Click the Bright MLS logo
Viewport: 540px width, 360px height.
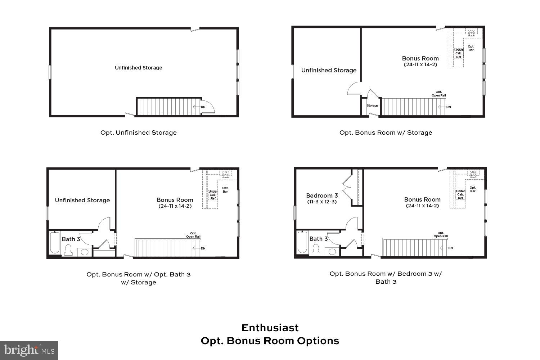point(29,350)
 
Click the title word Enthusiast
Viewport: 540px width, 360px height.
point(270,328)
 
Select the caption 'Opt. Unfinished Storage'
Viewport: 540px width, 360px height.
point(139,132)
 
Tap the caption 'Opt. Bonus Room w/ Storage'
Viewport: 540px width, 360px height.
point(386,132)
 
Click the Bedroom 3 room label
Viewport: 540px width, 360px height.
point(322,195)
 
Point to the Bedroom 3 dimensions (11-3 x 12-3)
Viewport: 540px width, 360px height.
point(322,202)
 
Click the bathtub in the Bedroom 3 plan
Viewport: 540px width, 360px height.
point(302,243)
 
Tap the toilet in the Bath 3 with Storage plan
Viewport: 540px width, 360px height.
point(68,250)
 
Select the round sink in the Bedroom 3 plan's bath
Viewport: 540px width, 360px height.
point(332,251)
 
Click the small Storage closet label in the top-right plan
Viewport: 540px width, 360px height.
point(372,105)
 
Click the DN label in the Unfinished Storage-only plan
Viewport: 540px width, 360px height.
point(203,107)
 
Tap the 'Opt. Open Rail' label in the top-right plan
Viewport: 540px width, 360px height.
point(439,94)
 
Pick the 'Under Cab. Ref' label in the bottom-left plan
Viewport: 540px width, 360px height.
point(213,195)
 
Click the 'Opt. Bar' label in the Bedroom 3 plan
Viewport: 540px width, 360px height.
point(473,189)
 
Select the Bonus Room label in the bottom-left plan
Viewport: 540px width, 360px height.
point(175,200)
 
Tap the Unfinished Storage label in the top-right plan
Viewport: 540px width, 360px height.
point(329,70)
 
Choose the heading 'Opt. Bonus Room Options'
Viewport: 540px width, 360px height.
point(270,341)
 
